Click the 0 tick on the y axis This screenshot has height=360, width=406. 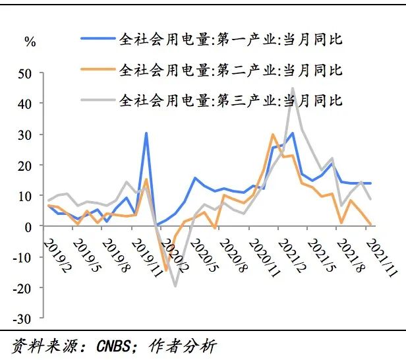click(x=27, y=226)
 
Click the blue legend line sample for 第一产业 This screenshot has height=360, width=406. click(x=97, y=39)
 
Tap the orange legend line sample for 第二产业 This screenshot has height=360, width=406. click(x=97, y=70)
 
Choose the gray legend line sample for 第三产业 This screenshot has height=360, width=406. click(x=97, y=101)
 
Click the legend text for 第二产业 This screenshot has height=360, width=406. click(x=231, y=70)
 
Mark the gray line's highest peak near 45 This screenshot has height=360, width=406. click(x=293, y=88)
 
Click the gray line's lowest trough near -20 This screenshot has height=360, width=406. click(x=175, y=285)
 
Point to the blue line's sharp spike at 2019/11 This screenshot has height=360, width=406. click(x=146, y=134)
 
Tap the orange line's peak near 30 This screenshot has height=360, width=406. click(x=272, y=135)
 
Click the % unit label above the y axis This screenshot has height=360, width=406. click(x=30, y=42)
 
